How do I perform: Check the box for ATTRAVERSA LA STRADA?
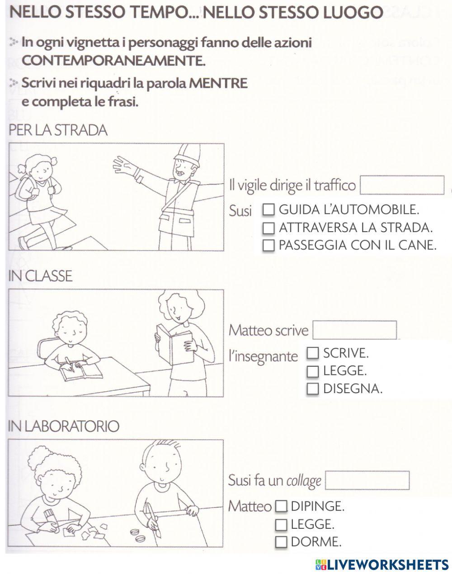coord(268,228)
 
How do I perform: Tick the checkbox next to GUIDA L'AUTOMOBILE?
coord(268,210)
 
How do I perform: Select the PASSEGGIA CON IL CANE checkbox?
coord(268,245)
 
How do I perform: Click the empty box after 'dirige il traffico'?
coord(402,185)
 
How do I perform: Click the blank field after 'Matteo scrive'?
coord(354,330)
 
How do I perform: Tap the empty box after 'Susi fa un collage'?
coord(367,480)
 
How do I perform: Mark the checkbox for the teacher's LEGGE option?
coord(313,371)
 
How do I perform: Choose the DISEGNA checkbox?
coord(313,389)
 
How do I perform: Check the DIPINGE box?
coord(281,507)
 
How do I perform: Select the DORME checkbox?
coord(281,542)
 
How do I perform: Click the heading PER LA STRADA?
coord(58,130)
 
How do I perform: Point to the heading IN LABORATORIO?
coord(64,426)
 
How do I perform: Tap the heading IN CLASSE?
coord(40,276)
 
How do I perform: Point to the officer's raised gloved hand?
coord(125,166)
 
